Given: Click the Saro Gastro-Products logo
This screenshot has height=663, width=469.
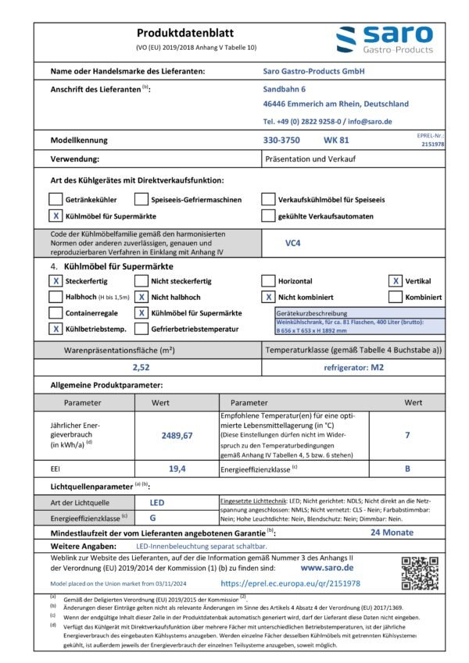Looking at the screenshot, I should (383, 40).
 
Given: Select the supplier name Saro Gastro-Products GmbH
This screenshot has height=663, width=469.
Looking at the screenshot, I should (314, 71).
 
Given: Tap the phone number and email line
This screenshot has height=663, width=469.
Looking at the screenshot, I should (328, 122).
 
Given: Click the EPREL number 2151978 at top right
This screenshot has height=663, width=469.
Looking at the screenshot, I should (432, 144).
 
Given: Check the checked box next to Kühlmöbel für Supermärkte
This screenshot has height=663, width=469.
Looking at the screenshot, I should (55, 216).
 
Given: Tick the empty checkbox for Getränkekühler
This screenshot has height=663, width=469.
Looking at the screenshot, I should (55, 199).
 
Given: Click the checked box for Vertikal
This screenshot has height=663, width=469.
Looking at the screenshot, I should (396, 281).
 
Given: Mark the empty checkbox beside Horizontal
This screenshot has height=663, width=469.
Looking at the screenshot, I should (268, 281).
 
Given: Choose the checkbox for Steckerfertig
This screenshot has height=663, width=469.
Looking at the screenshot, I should (55, 281).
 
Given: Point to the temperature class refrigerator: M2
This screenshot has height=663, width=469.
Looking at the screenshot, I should (353, 368).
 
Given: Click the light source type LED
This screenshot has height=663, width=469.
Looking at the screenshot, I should (156, 504).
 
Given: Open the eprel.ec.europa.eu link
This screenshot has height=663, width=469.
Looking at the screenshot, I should (290, 583).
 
